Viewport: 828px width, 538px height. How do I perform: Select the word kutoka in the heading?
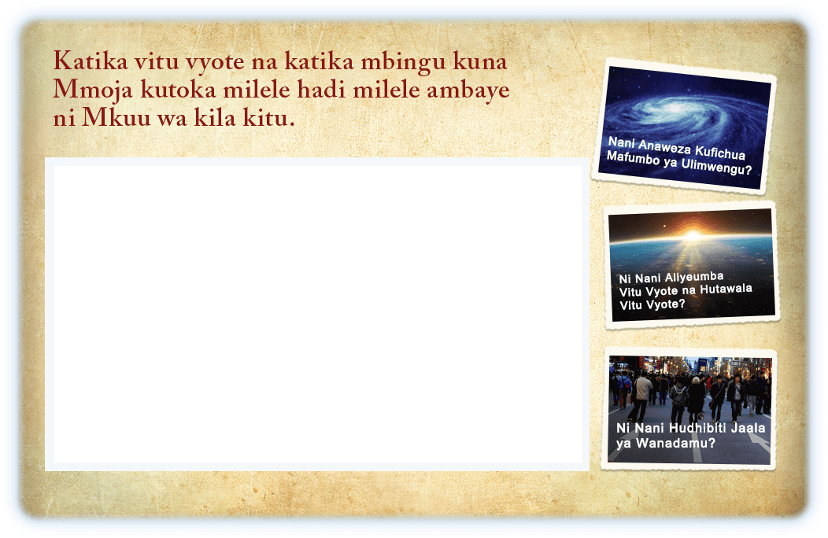(178, 89)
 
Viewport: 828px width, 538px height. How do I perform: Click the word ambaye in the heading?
(468, 90)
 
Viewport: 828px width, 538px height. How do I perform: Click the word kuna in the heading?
(480, 62)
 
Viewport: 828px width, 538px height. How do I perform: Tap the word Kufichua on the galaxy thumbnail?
(719, 152)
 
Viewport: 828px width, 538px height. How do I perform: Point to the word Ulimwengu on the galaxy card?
(716, 166)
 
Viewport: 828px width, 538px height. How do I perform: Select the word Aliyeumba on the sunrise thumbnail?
(694, 277)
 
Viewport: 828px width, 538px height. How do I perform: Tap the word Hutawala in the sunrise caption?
(726, 289)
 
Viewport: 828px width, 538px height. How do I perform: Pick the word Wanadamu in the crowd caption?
(675, 443)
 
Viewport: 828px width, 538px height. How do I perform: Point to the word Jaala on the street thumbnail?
(748, 428)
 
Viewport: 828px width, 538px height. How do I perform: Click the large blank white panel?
(318, 314)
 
